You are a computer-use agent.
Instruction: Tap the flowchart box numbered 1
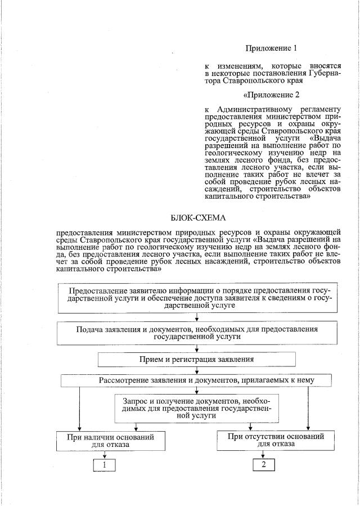pyautogui.click(x=104, y=464)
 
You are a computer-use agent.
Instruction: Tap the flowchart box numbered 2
pyautogui.click(x=263, y=464)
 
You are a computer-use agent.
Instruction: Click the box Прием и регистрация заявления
pyautogui.click(x=197, y=359)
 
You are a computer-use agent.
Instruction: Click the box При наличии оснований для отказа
pyautogui.click(x=103, y=440)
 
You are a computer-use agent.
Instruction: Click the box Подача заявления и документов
pyautogui.click(x=197, y=333)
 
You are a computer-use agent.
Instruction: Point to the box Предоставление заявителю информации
pyautogui.click(x=197, y=298)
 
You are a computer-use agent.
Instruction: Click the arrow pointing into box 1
pyautogui.click(x=104, y=455)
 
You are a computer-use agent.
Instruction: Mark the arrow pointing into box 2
pyautogui.click(x=263, y=455)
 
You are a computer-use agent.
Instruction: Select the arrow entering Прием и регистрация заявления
pyautogui.click(x=197, y=349)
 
